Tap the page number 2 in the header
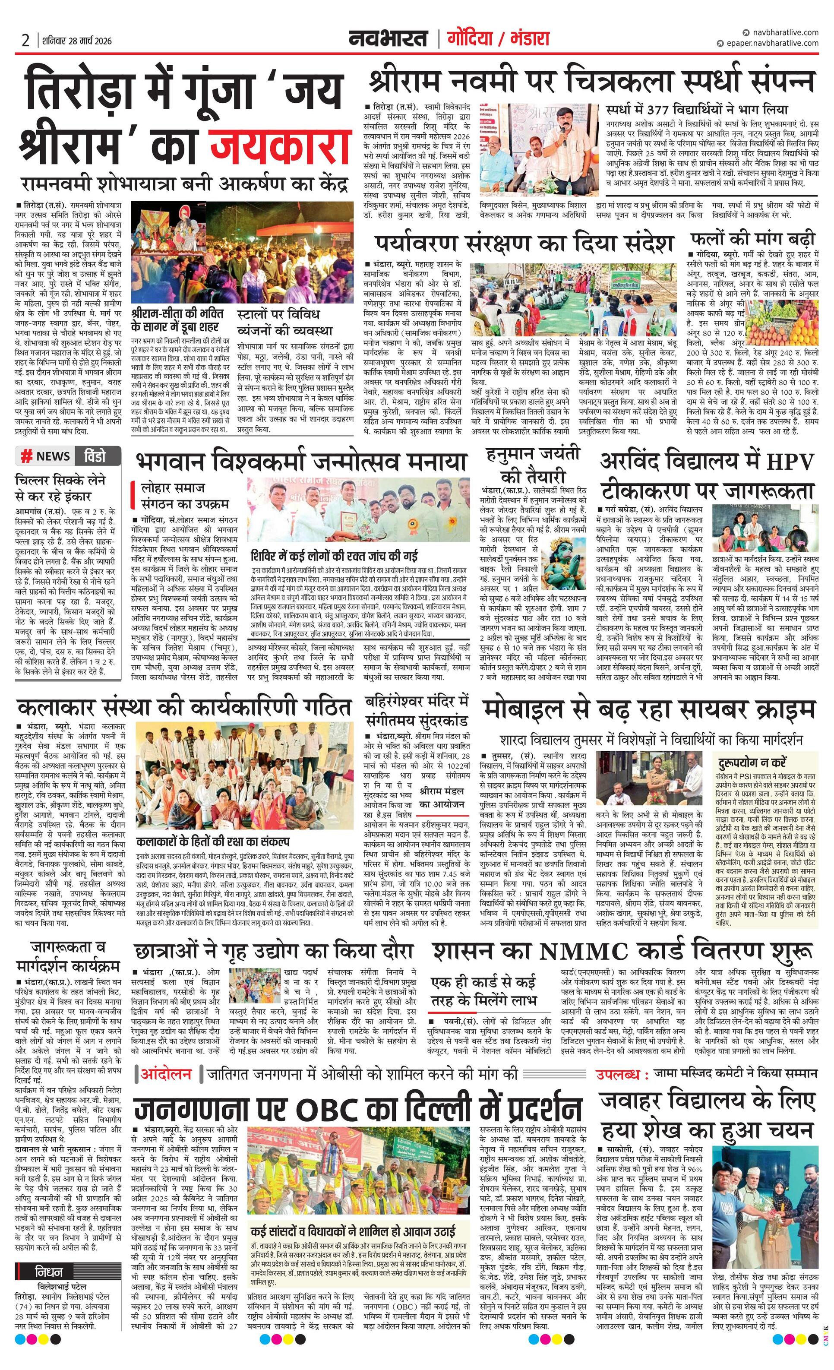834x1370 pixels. pos(25,41)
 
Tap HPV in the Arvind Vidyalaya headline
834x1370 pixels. pos(787,462)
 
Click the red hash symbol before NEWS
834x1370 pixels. pos(26,456)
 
